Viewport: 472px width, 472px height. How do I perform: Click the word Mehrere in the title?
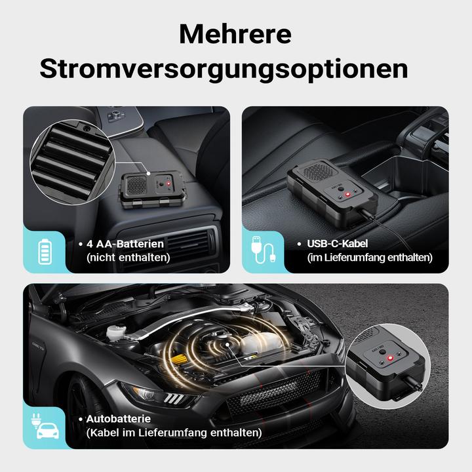(x=235, y=33)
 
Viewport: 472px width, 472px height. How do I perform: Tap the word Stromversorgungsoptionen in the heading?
(x=224, y=69)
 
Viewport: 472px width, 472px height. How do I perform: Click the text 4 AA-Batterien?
(x=125, y=244)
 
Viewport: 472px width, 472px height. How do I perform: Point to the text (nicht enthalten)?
(x=128, y=258)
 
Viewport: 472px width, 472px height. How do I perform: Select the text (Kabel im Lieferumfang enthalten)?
(x=174, y=433)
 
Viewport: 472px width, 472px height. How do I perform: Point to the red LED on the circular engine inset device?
(x=387, y=358)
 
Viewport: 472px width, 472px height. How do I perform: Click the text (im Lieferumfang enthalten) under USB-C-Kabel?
(x=370, y=258)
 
